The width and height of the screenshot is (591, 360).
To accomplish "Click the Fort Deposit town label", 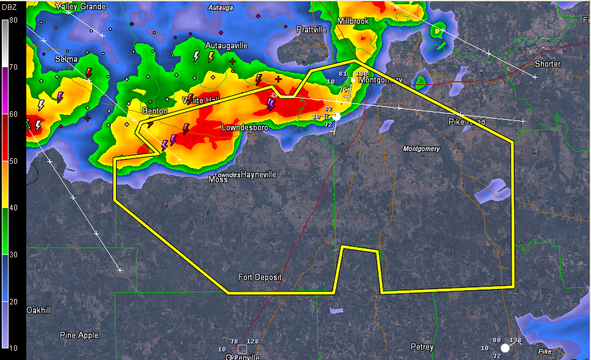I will pos(260,277).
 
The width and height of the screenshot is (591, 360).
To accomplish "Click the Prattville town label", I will pos(311,29).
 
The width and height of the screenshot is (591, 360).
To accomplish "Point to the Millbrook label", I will pos(353,21).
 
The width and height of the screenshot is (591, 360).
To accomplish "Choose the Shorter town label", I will pos(547,64).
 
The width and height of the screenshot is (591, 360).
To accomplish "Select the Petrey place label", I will pos(422,347).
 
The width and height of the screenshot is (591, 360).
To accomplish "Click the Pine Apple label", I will pos(79,335).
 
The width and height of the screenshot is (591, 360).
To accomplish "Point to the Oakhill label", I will pos(39,310).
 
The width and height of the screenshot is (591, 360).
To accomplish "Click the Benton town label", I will pos(155,111).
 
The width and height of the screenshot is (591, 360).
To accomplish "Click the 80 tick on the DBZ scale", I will pos(13,20).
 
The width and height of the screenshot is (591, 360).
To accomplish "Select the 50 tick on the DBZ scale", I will pos(13,161).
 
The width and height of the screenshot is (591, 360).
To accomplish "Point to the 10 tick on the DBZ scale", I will pos(13,348).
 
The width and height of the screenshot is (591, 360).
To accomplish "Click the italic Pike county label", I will pos(544,351).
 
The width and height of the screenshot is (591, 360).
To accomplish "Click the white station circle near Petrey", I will pos(505,348).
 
